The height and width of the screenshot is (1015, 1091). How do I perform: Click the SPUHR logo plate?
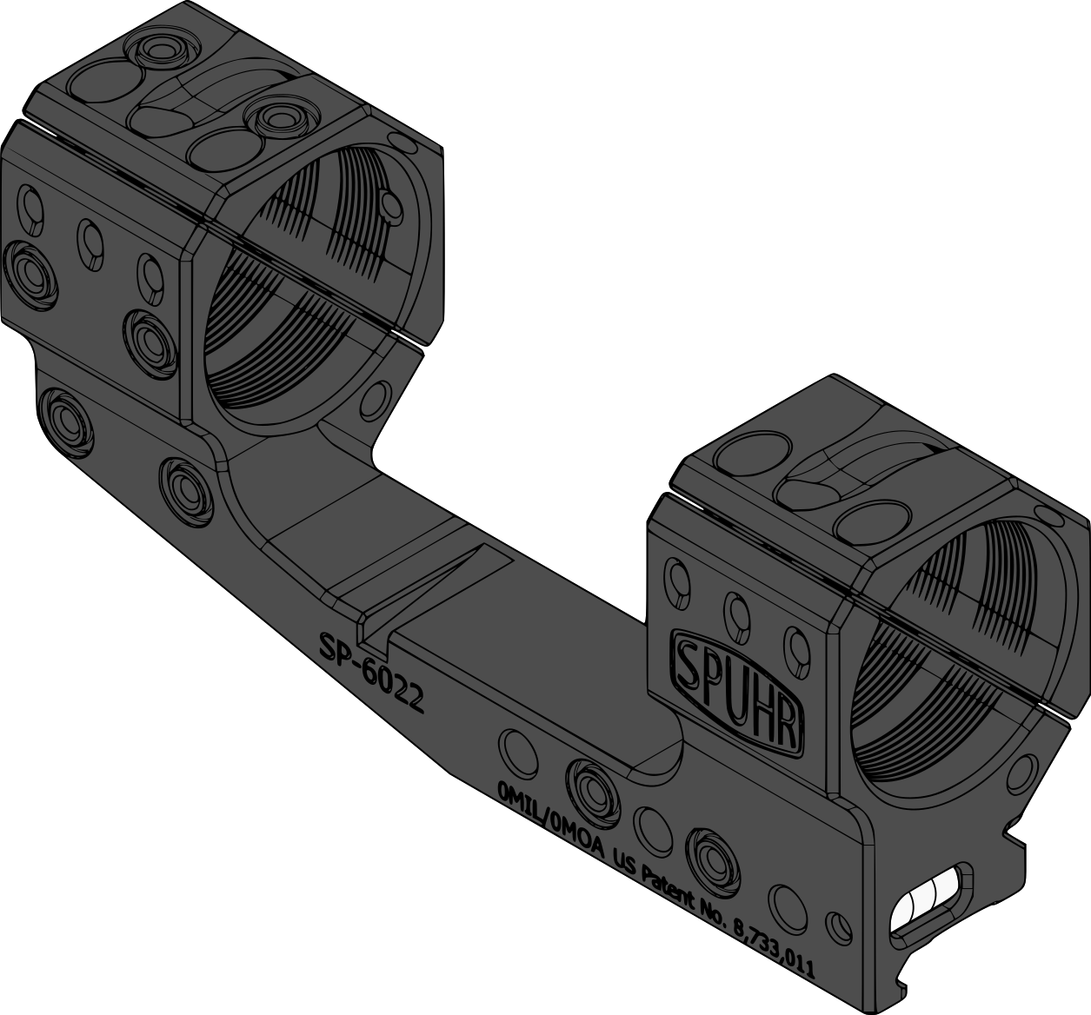[x=739, y=687]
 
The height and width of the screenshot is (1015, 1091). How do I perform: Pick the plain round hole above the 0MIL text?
[x=517, y=753]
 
